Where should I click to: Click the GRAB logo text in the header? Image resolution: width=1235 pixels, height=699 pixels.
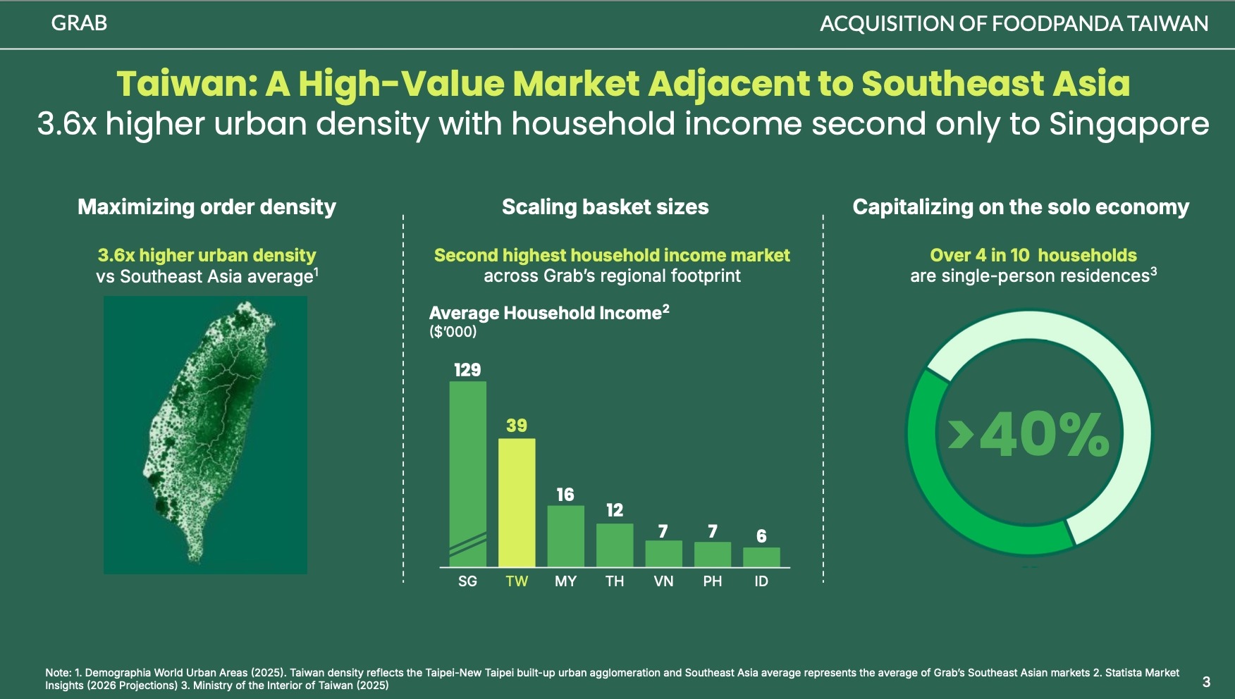[x=79, y=23]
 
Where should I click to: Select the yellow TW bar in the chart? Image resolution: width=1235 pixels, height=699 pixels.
[x=517, y=502]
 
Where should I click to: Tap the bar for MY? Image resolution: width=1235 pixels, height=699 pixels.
[x=565, y=536]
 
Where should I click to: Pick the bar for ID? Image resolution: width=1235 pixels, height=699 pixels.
[x=761, y=557]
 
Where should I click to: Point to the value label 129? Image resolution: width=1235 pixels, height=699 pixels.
[x=467, y=370]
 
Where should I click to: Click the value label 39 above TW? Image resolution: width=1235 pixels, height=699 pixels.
[x=517, y=426]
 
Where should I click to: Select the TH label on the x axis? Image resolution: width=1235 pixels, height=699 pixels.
[x=615, y=581]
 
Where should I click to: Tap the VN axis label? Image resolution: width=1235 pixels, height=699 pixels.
[x=663, y=581]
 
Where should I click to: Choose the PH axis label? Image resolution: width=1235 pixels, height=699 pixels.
[x=713, y=581]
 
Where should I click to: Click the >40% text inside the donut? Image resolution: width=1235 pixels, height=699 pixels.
[x=1029, y=435]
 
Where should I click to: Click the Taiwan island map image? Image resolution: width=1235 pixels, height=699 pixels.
[x=205, y=435]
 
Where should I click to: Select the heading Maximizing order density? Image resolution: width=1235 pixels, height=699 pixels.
[x=207, y=207]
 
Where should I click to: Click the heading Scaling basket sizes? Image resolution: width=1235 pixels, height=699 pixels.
[x=605, y=207]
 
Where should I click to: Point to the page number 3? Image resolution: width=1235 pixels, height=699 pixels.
[x=1206, y=681]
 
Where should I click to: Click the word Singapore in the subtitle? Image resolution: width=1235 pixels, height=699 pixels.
[x=1129, y=124]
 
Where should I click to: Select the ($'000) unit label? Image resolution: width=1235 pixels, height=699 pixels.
[x=453, y=332]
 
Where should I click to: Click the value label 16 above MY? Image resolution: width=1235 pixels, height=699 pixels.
[x=565, y=495]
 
